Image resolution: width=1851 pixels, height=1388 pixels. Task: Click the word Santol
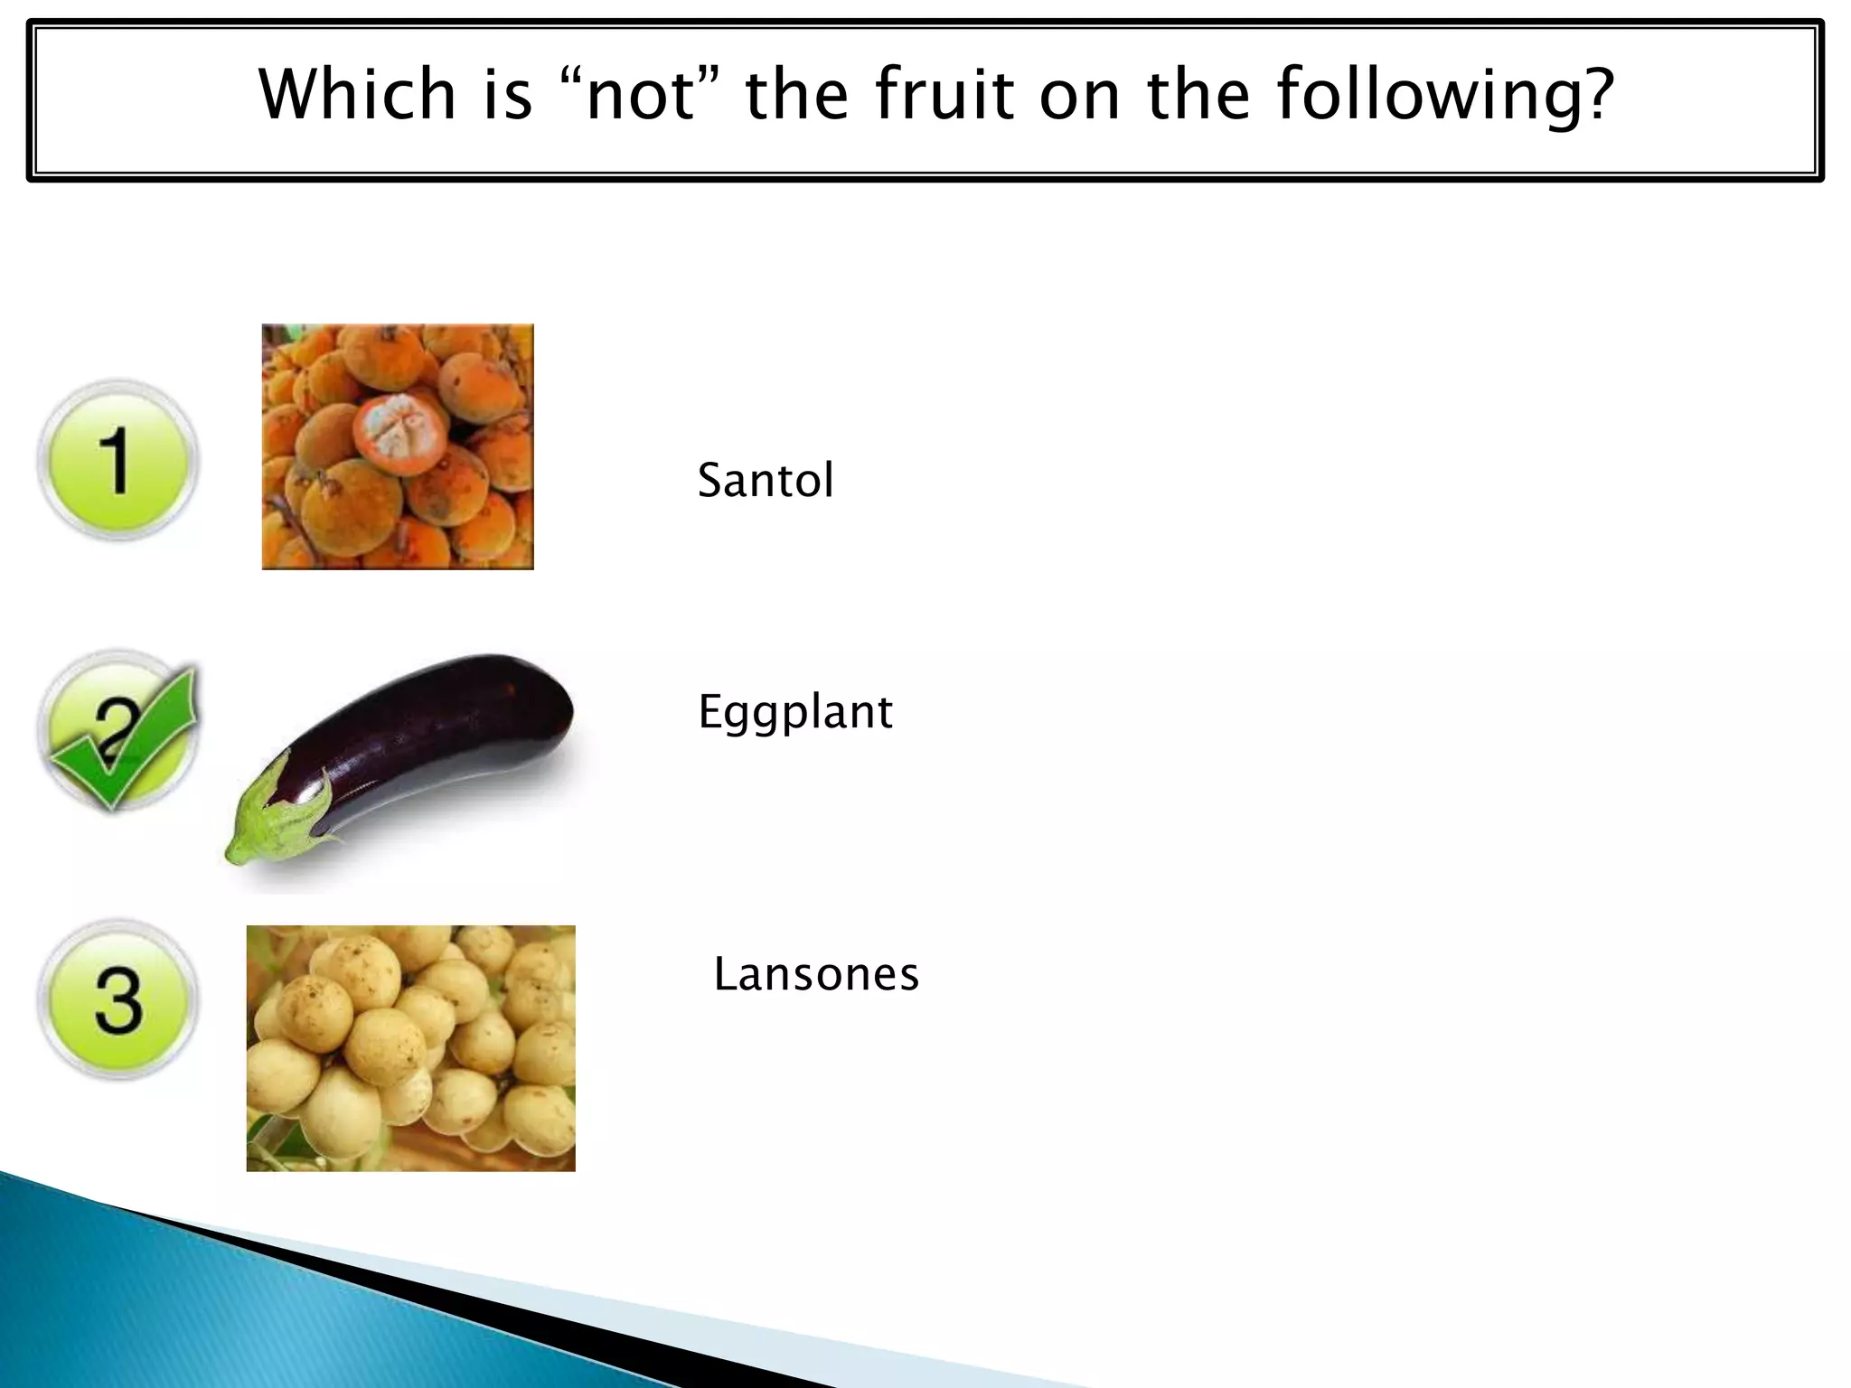click(x=765, y=480)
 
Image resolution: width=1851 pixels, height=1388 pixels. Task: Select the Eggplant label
click(x=794, y=712)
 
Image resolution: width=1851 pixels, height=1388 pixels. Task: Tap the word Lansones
click(x=815, y=974)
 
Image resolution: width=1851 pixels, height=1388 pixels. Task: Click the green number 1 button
click(x=117, y=460)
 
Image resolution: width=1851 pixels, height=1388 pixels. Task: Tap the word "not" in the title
click(x=642, y=94)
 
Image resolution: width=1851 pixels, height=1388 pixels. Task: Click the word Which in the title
click(x=357, y=94)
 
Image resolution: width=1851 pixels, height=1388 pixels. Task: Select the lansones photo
click(x=410, y=1048)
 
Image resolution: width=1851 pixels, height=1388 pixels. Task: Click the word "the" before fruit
click(x=796, y=94)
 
